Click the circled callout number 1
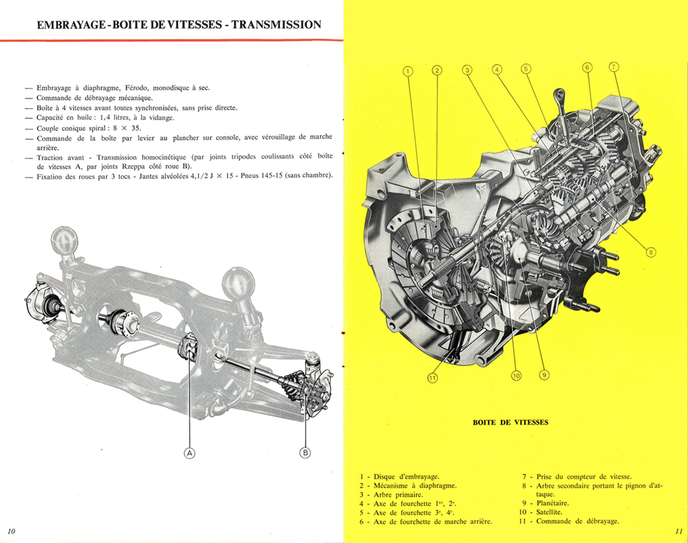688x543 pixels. coord(407,70)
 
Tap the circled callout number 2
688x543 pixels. coord(436,70)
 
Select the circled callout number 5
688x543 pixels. coord(526,69)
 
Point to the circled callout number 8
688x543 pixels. coord(652,252)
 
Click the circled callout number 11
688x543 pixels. coord(432,376)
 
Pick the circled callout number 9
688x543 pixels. coord(544,375)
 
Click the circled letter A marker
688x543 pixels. coord(189,452)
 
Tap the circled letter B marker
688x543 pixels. coord(305,452)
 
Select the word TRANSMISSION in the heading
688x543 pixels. coord(276,25)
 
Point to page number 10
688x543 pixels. coord(12,531)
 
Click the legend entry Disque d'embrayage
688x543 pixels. coord(407,476)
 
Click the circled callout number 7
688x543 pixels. coord(614,67)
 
